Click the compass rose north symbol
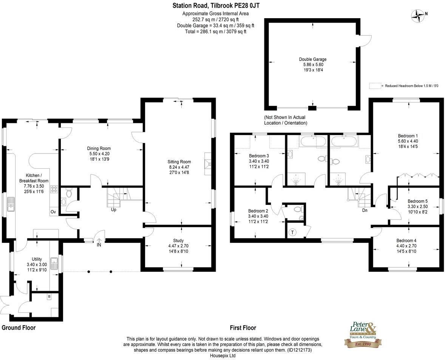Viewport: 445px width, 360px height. coord(418,15)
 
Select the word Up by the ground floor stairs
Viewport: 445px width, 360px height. coord(113,209)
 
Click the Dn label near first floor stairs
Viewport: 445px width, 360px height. coord(365,210)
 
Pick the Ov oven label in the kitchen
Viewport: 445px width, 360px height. coord(53,212)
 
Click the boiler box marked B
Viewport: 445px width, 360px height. coord(49,297)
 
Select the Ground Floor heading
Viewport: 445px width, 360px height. coord(19,328)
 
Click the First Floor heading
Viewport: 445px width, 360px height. coord(243,328)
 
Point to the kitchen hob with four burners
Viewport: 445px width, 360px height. coord(54,190)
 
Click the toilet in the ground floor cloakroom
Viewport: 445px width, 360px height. coord(68,193)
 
